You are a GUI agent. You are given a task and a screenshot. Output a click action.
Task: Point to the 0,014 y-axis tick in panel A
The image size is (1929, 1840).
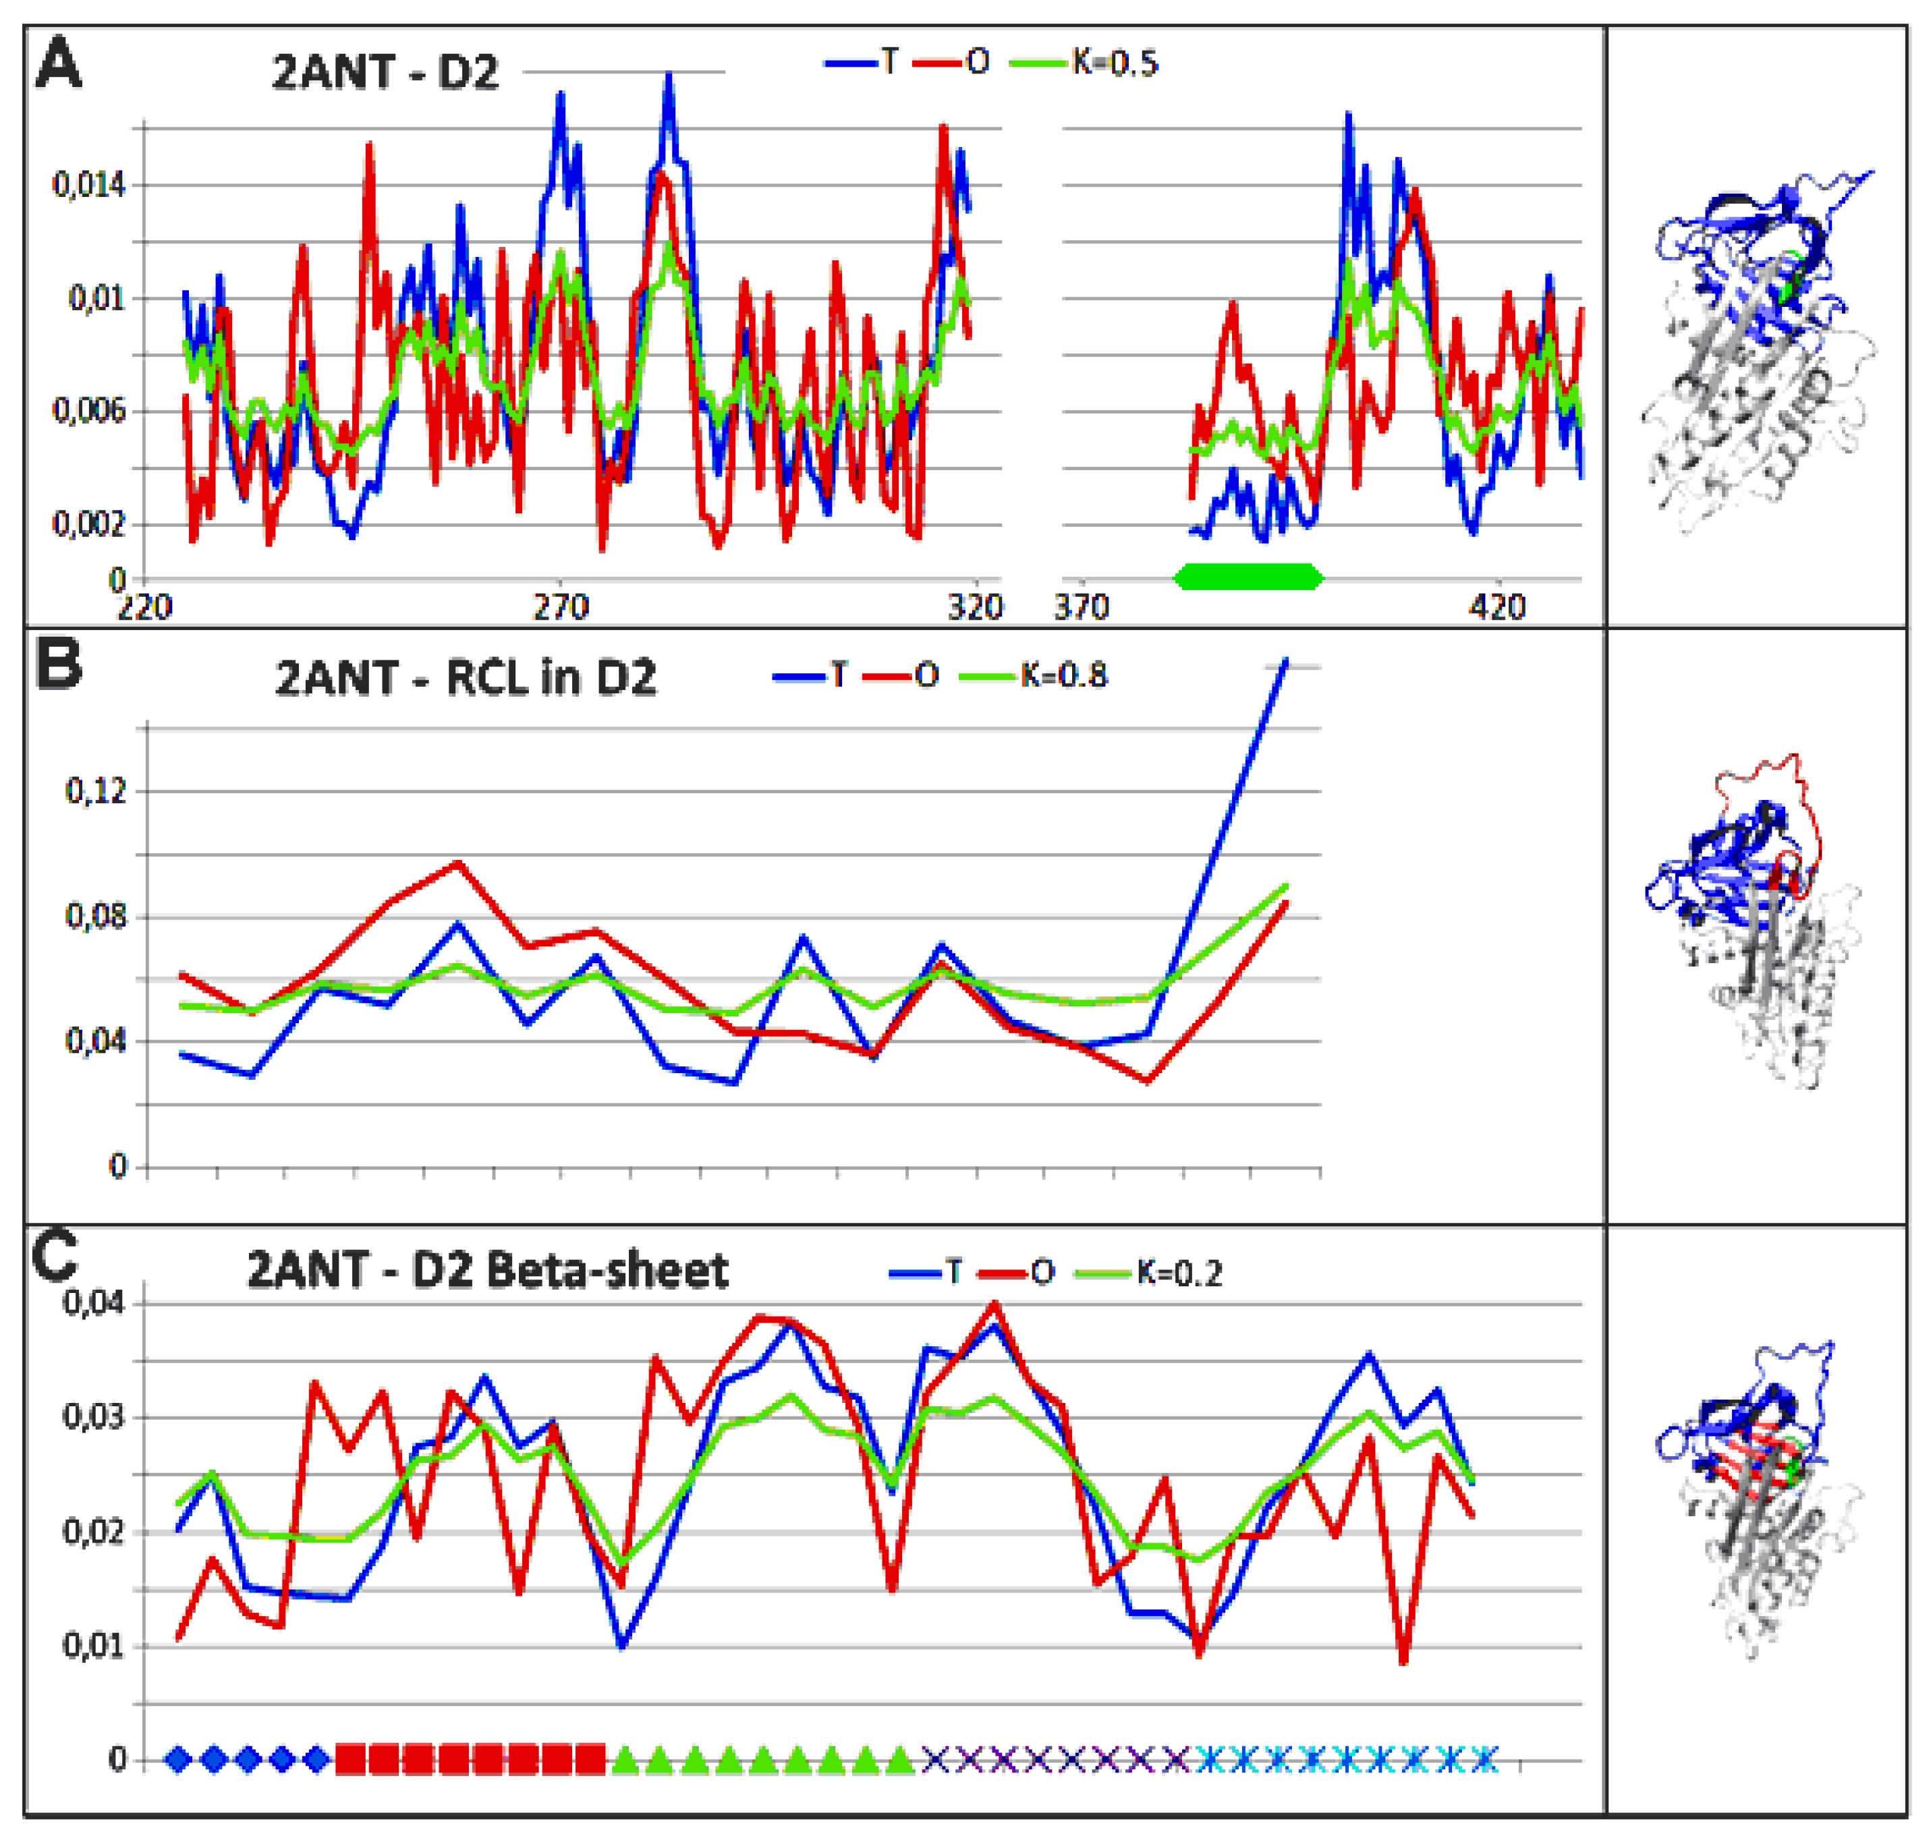pos(89,184)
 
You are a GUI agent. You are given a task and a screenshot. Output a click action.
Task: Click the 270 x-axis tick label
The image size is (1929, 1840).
pos(560,608)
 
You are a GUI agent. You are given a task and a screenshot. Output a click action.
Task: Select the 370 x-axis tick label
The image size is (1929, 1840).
pos(1082,608)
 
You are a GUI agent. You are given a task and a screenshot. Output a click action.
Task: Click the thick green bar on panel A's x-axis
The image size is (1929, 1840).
pos(1248,577)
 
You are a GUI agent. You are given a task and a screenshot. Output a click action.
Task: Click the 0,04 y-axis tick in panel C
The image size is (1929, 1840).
pos(94,1304)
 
